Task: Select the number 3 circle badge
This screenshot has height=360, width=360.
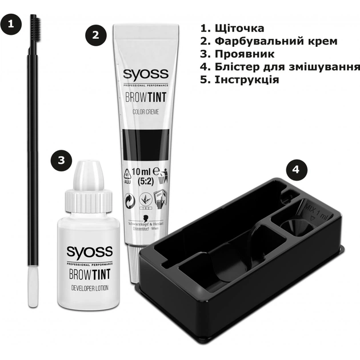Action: pyautogui.click(x=61, y=160)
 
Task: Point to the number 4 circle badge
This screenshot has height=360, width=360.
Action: pyautogui.click(x=295, y=170)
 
